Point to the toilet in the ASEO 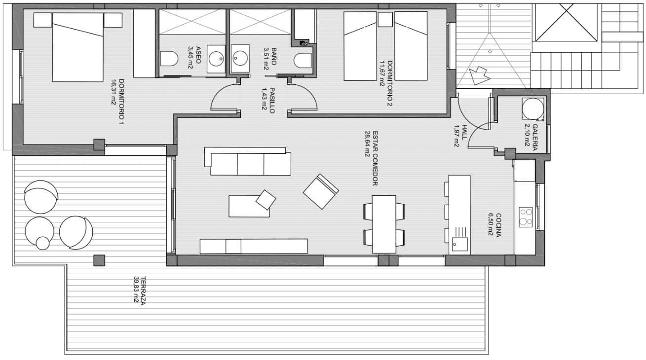(169, 59)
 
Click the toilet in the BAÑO (303, 61)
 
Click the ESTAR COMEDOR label (375, 158)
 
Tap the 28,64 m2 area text (368, 144)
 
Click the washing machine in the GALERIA (533, 109)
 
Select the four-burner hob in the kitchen (526, 217)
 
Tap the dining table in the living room (384, 224)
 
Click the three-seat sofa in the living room (250, 163)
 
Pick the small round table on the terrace (43, 243)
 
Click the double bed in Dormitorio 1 (78, 47)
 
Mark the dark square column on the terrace (99, 260)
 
